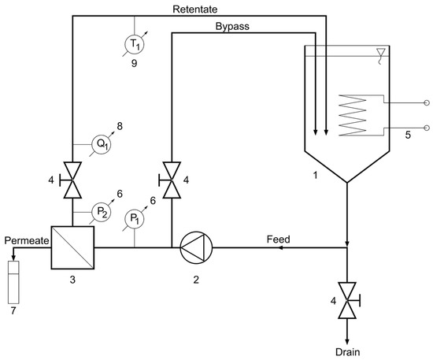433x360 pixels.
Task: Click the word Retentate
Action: point(198,9)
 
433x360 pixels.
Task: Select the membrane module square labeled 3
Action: point(72,246)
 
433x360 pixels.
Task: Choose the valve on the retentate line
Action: point(72,180)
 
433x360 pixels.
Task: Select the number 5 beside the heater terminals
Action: point(407,135)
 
